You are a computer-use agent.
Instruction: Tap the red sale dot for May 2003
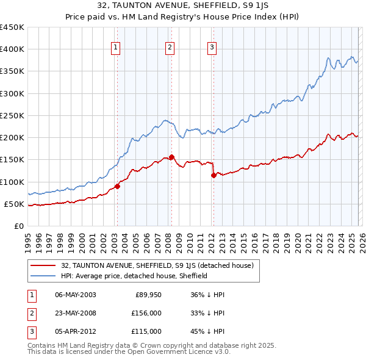pos(117,187)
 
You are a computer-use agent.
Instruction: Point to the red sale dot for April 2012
pos(213,175)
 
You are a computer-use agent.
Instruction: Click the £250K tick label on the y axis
pos(12,115)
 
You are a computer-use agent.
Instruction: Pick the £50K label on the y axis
pos(14,204)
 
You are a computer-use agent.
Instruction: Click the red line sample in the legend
pos(43,265)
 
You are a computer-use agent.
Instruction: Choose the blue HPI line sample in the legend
pos(43,276)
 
